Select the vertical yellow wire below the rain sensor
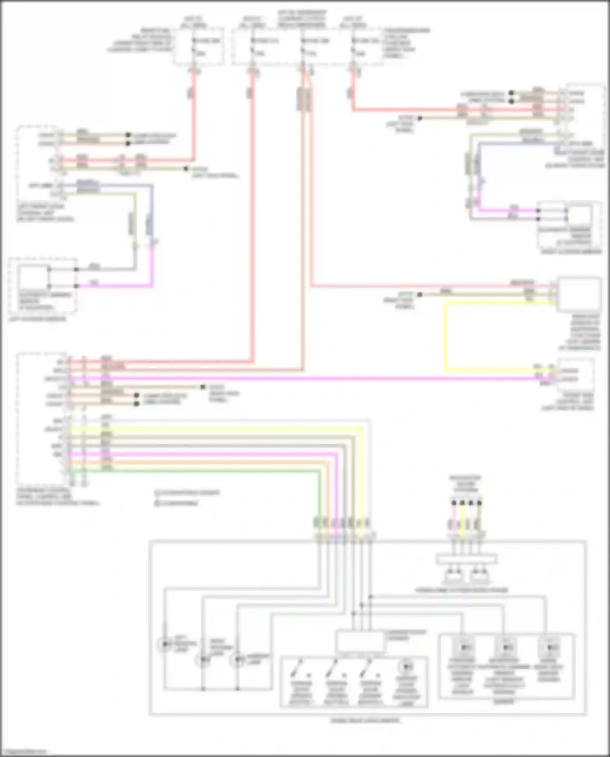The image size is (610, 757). [446, 338]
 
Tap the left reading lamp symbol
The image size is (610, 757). [165, 644]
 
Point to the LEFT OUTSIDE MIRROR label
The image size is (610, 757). [37, 319]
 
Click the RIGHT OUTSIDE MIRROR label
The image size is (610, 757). [571, 252]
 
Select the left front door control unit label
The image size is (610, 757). [45, 213]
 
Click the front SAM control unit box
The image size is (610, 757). [575, 375]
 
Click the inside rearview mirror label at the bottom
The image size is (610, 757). [365, 720]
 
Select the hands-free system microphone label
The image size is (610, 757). [461, 590]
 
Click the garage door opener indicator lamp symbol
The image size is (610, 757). [406, 667]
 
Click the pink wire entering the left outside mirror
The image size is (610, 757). [114, 286]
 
